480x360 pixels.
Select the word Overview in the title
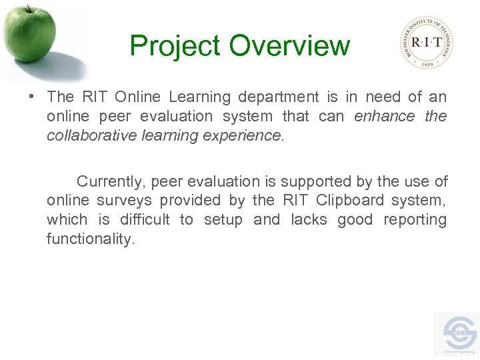coord(289,46)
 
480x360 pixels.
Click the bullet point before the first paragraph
coord(32,97)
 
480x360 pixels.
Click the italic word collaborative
coord(91,135)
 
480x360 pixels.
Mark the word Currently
coord(110,181)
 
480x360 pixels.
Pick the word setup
coord(223,220)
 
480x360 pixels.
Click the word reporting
coord(415,220)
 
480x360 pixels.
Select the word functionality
coord(90,239)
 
